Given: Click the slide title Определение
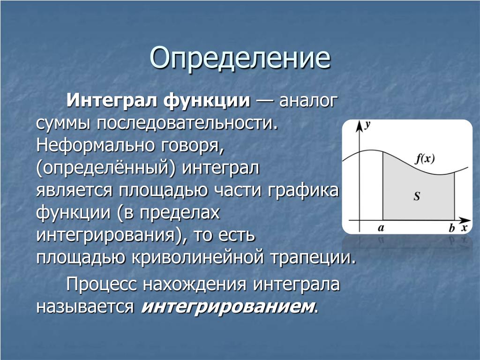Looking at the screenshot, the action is pos(240,58).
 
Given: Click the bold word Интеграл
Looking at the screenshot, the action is pos(112,100).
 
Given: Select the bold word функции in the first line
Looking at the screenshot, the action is pos(207,100).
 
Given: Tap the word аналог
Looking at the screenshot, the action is pos(308,101).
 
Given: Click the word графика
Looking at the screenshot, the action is pos(303,190).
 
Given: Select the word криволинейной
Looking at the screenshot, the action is pos(198,257).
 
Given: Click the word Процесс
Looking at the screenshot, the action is pos(101,285).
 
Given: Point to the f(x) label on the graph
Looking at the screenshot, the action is pos(425,158).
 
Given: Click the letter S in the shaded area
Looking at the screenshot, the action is pos(417,196).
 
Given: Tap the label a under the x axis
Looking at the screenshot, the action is pos(381,228).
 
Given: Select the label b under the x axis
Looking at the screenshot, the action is pos(451,228).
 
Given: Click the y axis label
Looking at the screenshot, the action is pos(367,124).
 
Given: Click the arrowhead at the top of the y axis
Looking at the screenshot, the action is pos(359,126).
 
